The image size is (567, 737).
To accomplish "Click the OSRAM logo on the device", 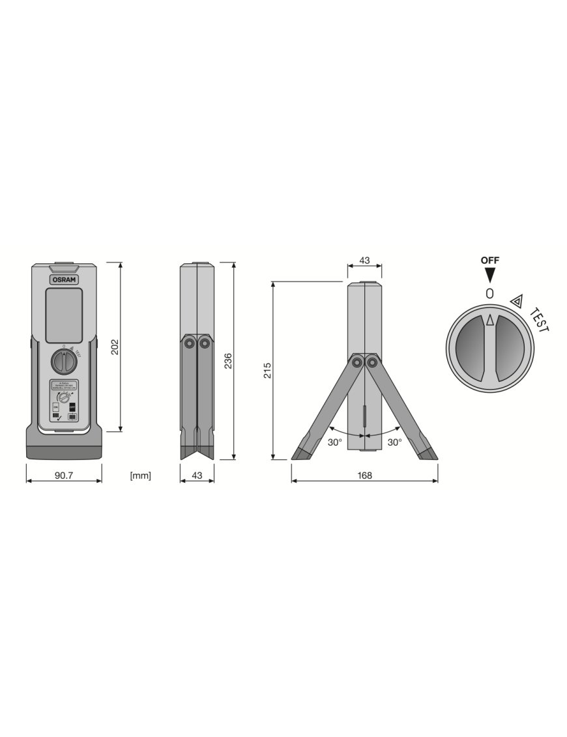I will tap(64, 278).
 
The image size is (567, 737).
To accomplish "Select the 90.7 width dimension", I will tap(63, 476).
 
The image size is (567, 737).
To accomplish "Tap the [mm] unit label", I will tap(140, 476).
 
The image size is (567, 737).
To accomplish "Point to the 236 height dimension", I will tap(227, 360).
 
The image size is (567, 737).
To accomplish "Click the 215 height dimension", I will tap(267, 370).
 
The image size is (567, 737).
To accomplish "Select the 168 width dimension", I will tap(364, 476).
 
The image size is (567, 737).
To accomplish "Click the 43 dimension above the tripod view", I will tap(364, 261).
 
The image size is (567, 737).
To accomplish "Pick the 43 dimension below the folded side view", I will tap(196, 476).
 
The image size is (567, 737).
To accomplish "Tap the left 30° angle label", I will tap(334, 442).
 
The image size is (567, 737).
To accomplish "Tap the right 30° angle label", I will tap(395, 442).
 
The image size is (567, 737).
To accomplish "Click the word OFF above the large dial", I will tap(490, 260).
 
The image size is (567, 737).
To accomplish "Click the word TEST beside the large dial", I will tap(540, 319).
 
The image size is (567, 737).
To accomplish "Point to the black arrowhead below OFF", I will tap(490, 275).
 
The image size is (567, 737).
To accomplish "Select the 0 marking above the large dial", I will tap(490, 294).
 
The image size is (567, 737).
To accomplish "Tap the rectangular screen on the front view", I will tap(63, 315).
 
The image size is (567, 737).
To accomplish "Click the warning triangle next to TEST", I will tap(517, 300).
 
